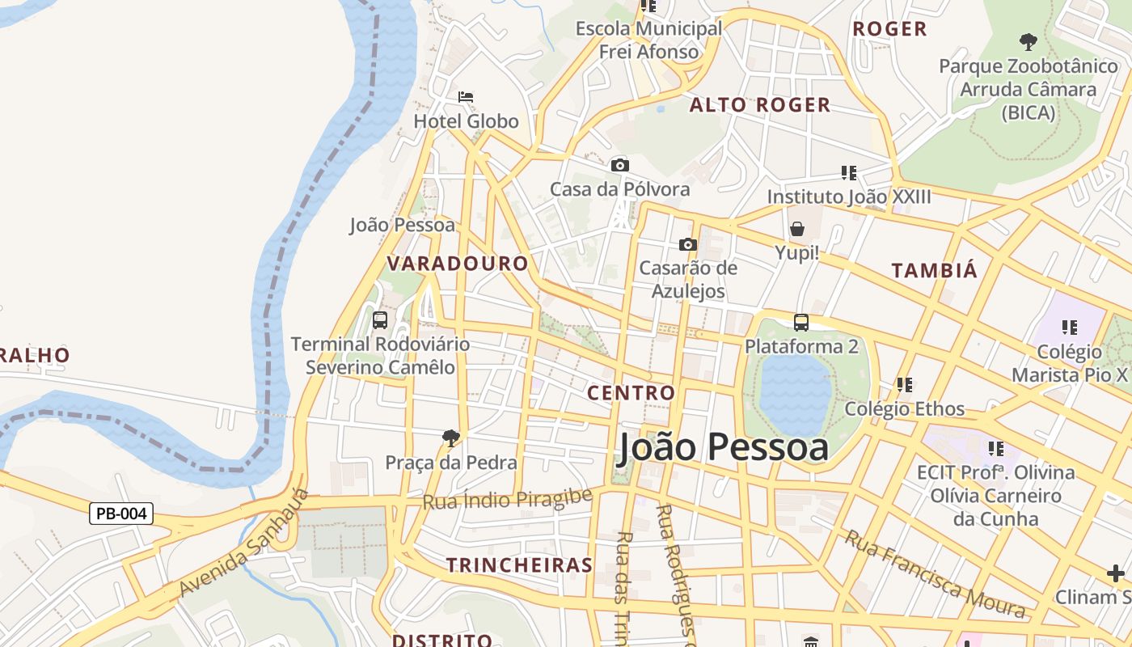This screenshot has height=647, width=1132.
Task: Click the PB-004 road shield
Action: (121, 514)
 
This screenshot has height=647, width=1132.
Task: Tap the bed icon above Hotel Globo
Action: (466, 97)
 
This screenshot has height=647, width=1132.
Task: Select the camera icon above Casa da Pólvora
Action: (620, 165)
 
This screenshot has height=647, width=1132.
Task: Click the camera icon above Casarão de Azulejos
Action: (688, 244)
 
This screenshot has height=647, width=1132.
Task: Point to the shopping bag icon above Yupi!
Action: (797, 229)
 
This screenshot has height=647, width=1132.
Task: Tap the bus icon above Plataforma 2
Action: (801, 322)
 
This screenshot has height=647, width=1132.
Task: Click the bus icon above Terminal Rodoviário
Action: (380, 319)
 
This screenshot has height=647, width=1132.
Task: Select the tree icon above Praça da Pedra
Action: (451, 438)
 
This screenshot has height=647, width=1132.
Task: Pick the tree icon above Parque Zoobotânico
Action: (1028, 41)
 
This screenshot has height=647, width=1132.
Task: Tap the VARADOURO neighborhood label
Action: (458, 264)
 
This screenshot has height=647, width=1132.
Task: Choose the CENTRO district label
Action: (631, 393)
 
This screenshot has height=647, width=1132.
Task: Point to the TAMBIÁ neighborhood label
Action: (935, 271)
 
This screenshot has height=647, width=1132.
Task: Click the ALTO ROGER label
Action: (760, 105)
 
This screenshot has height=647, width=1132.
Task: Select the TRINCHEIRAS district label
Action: (520, 565)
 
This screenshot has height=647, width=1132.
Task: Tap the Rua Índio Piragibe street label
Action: (508, 499)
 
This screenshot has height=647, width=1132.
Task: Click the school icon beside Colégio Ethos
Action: (904, 385)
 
